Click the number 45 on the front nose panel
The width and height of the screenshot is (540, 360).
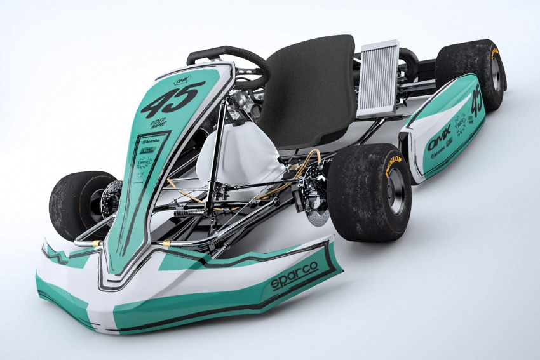[x=172, y=99]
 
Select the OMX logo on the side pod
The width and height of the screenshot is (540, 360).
[x=439, y=138]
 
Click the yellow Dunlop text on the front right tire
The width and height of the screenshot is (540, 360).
[x=392, y=166]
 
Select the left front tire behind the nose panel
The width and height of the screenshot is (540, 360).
[x=76, y=203]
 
